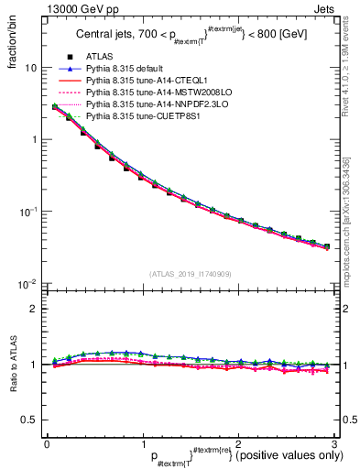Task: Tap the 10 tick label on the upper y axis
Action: click(x=31, y=68)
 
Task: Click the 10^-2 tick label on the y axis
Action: click(x=28, y=283)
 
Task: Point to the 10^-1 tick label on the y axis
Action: click(x=28, y=212)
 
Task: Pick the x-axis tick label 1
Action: click(x=142, y=442)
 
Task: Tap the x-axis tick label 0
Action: click(x=47, y=442)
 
